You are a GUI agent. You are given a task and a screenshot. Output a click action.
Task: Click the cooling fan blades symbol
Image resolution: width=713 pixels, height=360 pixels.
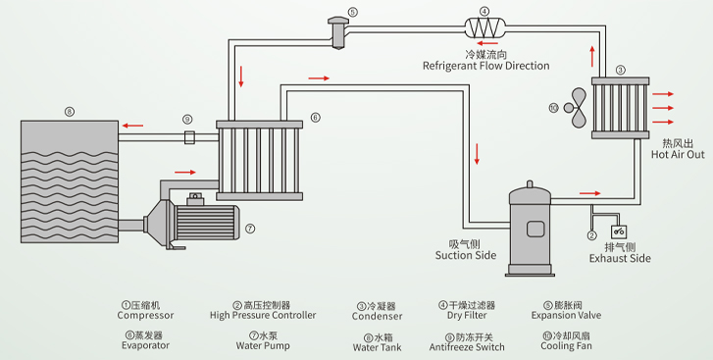(575, 108)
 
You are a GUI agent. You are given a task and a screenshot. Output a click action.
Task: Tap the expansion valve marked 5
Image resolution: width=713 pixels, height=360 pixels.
(337, 31)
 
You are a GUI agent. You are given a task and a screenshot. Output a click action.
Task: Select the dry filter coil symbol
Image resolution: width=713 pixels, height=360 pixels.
(484, 27)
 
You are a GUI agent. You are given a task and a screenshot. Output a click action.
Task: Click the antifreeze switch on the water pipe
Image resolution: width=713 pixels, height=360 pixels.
(189, 136)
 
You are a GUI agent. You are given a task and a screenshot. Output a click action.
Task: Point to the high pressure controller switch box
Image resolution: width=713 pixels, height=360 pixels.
(619, 231)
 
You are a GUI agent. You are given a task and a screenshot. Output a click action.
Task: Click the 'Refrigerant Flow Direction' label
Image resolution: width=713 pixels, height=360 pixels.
(486, 66)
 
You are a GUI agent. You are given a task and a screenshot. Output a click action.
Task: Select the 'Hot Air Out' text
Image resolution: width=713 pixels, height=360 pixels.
(678, 155)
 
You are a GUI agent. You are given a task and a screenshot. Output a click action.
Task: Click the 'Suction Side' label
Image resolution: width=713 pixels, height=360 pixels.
(466, 255)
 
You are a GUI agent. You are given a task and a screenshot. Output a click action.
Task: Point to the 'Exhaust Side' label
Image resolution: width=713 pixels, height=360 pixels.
(620, 259)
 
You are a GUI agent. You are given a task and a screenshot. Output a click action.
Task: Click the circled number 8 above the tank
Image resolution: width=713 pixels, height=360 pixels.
(69, 112)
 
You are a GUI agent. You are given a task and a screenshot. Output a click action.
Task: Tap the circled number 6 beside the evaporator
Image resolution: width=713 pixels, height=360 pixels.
(315, 118)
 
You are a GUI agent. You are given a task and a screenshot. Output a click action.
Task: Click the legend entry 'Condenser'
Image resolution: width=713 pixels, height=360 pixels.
(377, 317)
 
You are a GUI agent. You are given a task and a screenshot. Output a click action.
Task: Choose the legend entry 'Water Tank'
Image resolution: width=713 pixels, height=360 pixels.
(377, 347)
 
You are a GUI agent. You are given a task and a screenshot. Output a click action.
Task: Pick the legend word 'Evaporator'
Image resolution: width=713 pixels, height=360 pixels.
(145, 345)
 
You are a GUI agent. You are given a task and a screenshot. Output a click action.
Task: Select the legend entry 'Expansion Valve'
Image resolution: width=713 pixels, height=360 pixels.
(566, 316)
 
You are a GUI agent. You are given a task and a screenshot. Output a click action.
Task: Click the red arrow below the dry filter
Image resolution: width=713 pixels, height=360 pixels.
(487, 43)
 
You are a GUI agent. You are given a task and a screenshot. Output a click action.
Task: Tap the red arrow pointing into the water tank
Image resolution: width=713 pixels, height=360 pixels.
(132, 126)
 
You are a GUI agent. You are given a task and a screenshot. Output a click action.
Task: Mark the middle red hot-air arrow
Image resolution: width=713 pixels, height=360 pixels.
(663, 108)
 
